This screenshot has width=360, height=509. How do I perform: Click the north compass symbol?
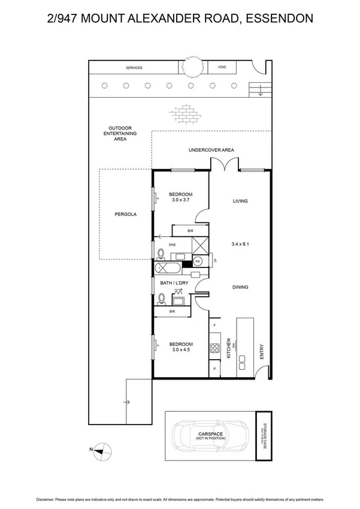coord(102,449)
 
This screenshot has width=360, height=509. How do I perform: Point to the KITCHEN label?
coord(229,348)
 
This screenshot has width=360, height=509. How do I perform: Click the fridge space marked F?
coord(214,326)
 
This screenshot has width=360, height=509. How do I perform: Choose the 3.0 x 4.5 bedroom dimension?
coord(180,350)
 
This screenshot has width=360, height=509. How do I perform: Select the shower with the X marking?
coord(198,245)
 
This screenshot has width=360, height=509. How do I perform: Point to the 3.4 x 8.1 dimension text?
coord(240,245)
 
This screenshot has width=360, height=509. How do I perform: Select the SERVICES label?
coord(134,68)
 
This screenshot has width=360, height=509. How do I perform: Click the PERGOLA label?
coord(125,214)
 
